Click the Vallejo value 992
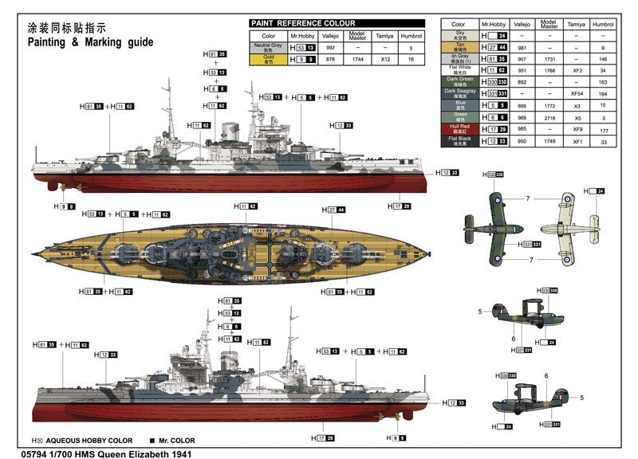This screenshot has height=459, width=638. (330, 48)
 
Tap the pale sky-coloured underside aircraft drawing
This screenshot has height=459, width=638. (569, 228)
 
